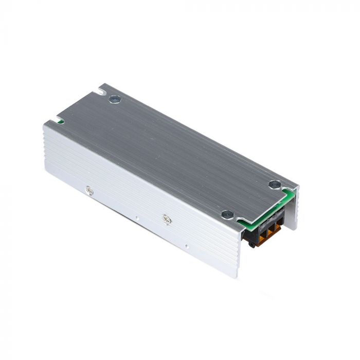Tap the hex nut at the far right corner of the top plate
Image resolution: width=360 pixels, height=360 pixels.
click(x=275, y=184)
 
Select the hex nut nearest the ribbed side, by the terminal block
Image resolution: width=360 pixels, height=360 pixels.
click(x=227, y=214)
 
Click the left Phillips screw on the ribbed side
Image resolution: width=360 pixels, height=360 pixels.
click(x=89, y=190)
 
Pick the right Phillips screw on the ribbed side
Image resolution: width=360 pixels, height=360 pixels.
click(x=166, y=219)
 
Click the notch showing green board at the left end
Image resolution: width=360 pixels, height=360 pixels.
click(x=60, y=122)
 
